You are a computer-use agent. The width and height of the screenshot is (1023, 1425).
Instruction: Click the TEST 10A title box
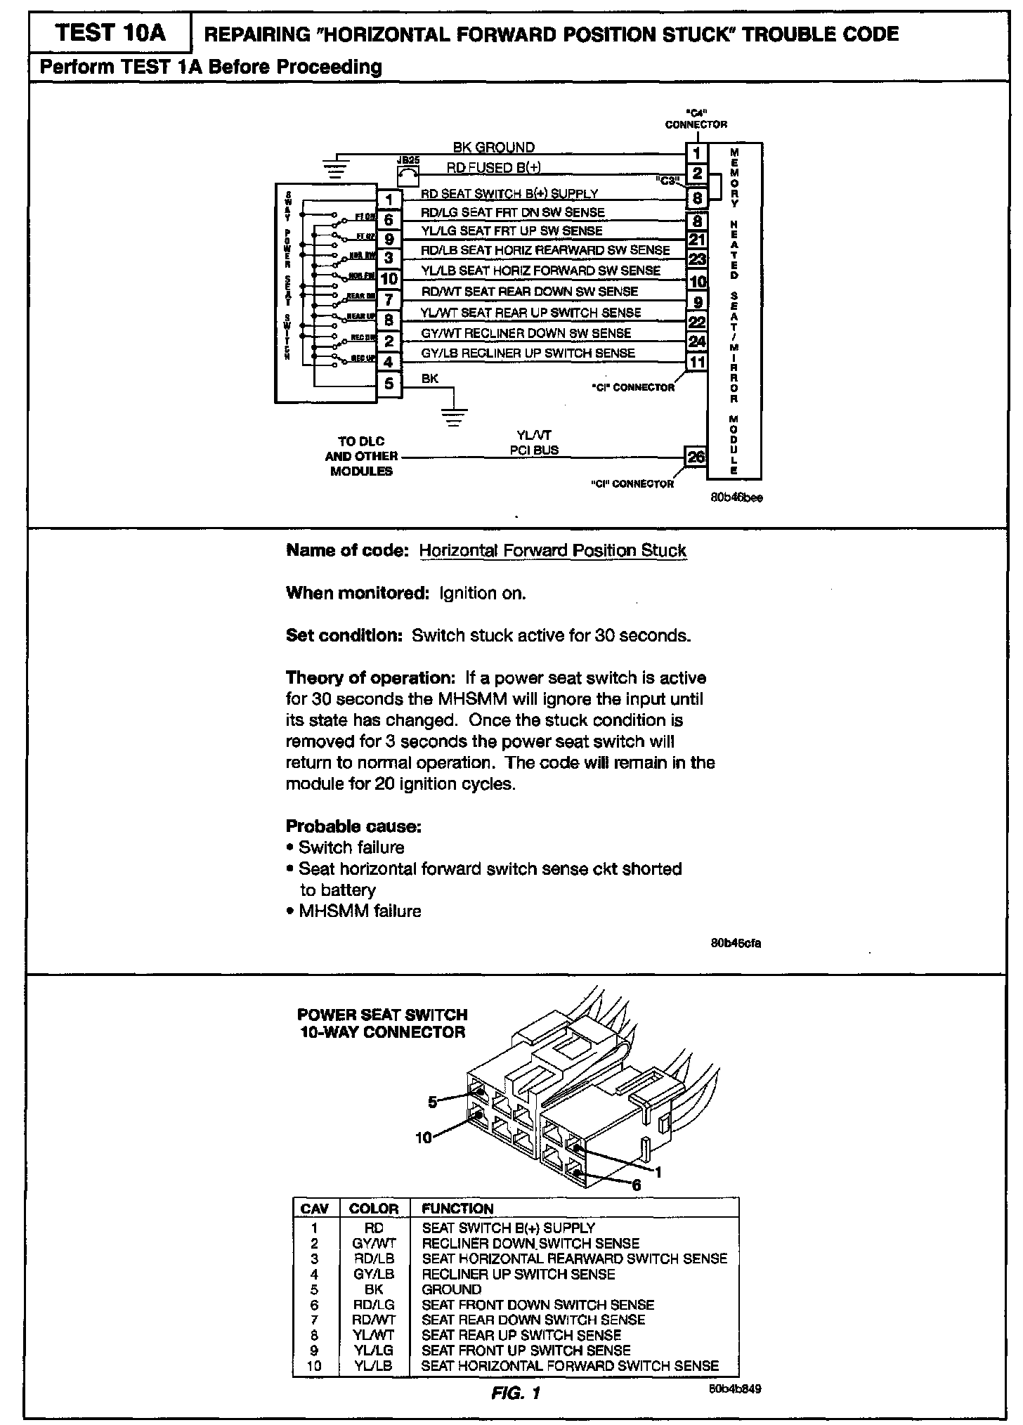pos(110,33)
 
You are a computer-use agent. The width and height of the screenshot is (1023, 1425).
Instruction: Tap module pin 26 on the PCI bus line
pos(695,457)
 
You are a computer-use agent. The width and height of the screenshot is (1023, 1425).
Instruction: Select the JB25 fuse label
pos(408,160)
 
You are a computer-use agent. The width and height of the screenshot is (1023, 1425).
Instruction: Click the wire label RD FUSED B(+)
pos(493,168)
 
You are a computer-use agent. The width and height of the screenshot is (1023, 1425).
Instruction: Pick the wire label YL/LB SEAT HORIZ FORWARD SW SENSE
pos(540,271)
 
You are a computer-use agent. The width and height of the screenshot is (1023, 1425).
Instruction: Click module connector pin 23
pos(697,259)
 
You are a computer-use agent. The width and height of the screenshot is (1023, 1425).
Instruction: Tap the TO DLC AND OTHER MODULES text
pos(361,456)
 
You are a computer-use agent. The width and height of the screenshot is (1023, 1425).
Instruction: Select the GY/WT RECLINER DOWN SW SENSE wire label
pos(526,333)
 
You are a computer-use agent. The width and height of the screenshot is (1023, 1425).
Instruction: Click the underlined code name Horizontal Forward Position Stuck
pos(552,550)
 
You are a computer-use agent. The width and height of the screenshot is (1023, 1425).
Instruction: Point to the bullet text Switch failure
pos(351,847)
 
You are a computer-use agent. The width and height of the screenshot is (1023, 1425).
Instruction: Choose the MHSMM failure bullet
pos(359,911)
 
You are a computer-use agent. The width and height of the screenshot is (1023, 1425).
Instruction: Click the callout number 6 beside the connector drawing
pos(636,1185)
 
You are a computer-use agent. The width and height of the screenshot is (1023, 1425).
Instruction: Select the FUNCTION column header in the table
pos(457,1209)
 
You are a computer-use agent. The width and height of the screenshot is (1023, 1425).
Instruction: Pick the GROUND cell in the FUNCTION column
pos(451,1289)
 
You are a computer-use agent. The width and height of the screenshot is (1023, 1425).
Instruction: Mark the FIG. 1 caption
pos(516,1393)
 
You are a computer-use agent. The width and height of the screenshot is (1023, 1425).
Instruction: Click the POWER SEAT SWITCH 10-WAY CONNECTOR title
pos(382,1023)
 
